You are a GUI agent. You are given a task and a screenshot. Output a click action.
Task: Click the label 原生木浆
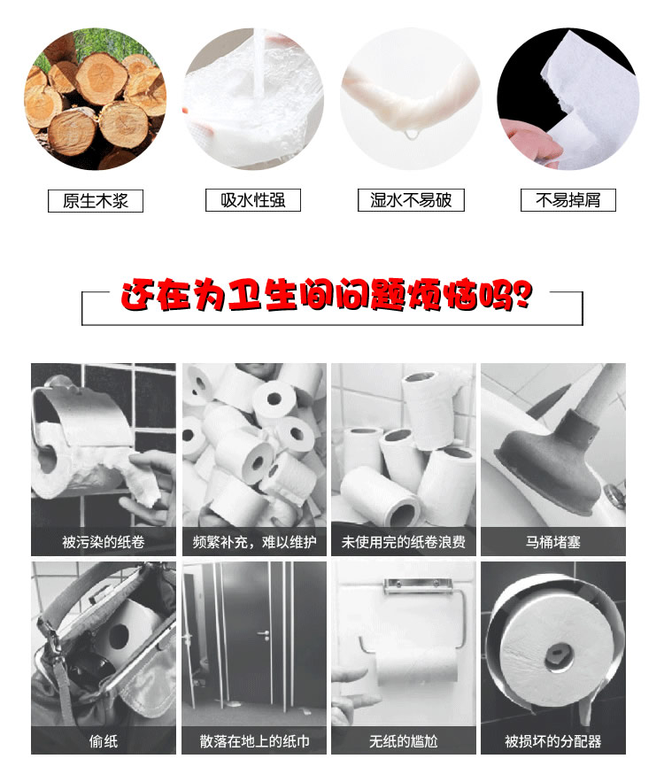95,200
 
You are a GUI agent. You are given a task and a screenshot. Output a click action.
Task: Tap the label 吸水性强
253,200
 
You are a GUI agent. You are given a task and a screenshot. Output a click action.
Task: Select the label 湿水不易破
411,200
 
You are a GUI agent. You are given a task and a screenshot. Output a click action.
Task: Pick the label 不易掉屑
567,200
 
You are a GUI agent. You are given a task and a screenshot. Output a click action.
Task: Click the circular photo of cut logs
95,99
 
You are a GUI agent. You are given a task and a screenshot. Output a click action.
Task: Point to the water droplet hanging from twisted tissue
410,135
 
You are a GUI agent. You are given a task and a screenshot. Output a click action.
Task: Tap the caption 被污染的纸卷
103,542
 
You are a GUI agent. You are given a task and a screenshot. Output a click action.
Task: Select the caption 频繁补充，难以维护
254,542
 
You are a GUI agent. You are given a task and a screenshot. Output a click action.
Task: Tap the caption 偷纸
103,740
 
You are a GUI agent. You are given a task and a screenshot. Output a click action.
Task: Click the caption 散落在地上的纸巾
254,740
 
